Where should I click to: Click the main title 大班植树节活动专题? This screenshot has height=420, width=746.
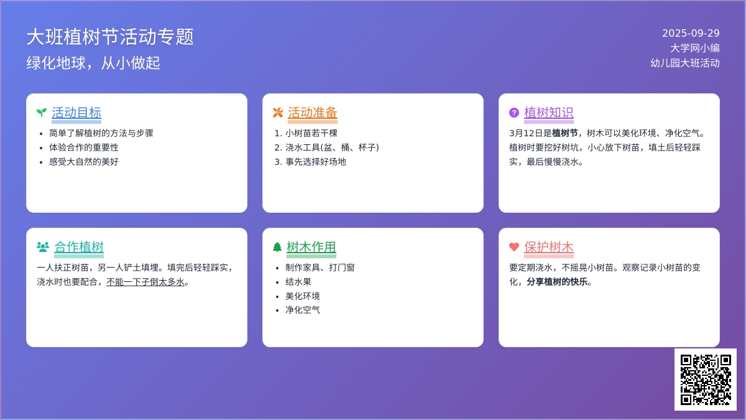click(x=110, y=37)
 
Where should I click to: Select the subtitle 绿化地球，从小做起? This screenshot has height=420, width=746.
click(x=93, y=63)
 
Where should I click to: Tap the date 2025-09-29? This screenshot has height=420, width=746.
click(x=691, y=34)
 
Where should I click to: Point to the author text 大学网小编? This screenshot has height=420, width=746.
click(x=695, y=48)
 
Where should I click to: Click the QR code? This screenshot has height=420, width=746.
click(x=706, y=380)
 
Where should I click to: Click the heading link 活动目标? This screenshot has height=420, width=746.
click(x=76, y=113)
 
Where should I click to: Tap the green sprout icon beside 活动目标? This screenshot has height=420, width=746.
click(x=42, y=113)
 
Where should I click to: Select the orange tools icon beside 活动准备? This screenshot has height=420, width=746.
click(x=278, y=113)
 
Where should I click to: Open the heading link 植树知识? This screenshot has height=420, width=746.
click(x=548, y=113)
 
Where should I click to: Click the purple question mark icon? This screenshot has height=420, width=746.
click(x=514, y=113)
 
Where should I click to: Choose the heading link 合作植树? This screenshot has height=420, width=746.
click(x=79, y=247)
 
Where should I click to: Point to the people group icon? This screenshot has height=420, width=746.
click(x=43, y=247)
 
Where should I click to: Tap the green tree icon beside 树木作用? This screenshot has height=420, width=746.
click(x=277, y=247)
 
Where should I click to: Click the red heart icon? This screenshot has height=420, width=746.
click(x=514, y=247)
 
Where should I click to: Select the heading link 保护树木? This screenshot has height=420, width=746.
click(x=548, y=247)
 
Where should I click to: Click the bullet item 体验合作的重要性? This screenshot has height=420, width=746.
click(x=84, y=147)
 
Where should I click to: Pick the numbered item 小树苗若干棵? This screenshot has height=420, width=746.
click(x=311, y=133)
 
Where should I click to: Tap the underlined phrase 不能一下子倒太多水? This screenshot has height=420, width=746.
click(x=145, y=282)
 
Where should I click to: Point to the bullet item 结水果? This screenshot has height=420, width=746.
click(x=298, y=282)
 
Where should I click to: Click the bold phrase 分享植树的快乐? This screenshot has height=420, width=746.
click(x=557, y=282)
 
